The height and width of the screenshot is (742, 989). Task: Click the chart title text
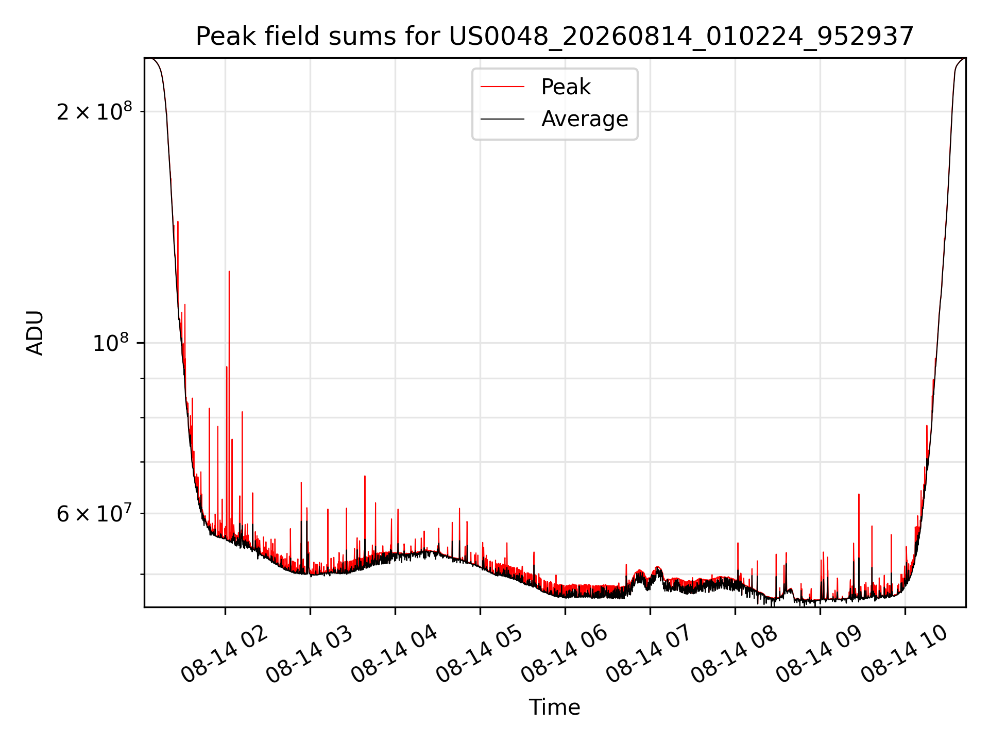555,37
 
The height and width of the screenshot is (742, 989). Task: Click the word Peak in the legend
566,87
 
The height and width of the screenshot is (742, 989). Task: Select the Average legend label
585,119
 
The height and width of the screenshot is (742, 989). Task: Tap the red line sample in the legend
502,87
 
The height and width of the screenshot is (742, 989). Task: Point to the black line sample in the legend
502,119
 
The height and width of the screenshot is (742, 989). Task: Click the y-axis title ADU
36,333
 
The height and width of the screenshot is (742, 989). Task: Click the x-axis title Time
555,707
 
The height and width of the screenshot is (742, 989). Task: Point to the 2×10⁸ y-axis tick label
94,111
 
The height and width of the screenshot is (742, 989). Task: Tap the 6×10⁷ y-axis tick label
94,513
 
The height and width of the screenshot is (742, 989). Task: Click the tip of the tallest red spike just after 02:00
229,271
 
